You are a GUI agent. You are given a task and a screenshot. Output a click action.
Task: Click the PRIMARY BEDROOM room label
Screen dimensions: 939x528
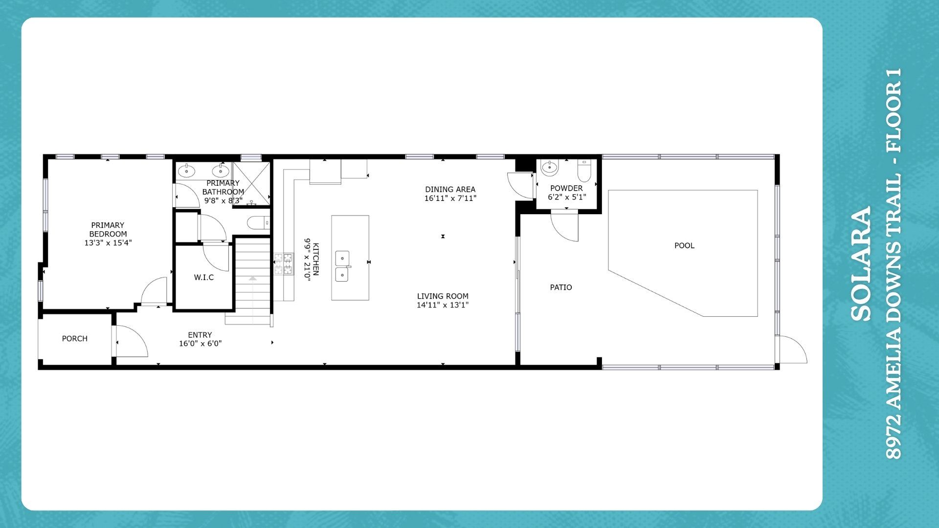108,229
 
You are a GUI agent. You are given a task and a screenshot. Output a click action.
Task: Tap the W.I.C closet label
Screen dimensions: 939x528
203,277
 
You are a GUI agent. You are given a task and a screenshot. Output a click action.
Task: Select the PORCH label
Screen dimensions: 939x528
74,338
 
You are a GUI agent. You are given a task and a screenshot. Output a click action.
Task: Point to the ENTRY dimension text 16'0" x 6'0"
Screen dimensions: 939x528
200,344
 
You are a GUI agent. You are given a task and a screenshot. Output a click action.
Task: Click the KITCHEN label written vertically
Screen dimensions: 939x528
316,259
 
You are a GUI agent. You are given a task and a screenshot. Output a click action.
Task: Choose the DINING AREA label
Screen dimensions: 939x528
450,189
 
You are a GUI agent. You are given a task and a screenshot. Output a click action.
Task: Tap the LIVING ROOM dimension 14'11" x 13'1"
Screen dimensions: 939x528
443,305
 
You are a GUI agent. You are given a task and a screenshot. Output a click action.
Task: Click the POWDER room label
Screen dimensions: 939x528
566,188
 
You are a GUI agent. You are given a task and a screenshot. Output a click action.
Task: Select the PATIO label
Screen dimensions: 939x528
561,287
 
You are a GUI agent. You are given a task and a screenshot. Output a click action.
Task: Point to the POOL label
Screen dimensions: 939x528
684,245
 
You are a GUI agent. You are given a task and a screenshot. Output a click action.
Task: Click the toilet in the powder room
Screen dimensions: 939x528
584,170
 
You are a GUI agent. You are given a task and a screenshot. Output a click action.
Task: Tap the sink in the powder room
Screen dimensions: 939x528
550,168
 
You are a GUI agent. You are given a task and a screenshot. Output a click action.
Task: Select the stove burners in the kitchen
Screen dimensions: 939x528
284,264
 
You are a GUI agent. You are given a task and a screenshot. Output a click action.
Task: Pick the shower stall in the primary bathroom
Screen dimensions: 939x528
251,184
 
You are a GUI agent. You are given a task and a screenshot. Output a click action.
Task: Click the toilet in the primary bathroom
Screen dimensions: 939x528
258,223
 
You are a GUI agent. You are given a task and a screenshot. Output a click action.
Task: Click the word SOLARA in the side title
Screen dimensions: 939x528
861,264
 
